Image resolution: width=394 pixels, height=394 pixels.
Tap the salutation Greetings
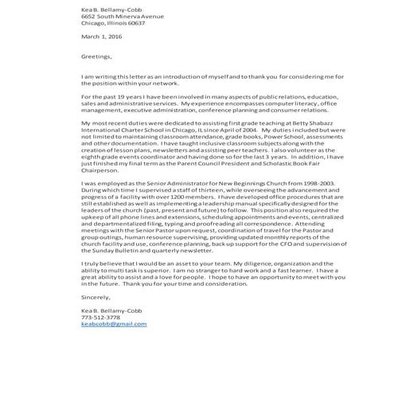coord(97,57)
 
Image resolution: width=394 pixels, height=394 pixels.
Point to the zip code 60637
coord(137,22)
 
